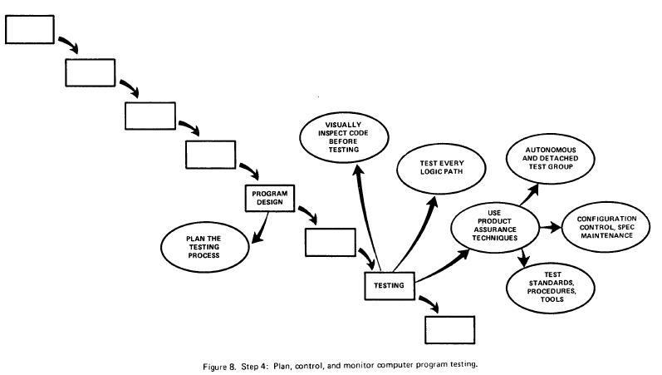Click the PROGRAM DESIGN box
[270, 198]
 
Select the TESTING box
[390, 286]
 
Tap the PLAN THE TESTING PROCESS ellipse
[204, 245]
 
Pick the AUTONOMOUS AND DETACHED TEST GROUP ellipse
[552, 158]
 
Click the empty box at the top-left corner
[30, 29]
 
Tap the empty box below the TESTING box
[449, 329]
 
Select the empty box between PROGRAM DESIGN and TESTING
[331, 241]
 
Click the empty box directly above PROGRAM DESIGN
[210, 154]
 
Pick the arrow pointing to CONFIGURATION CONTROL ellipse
[550, 226]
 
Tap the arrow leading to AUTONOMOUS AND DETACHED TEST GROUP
[528, 193]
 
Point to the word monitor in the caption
[364, 363]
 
